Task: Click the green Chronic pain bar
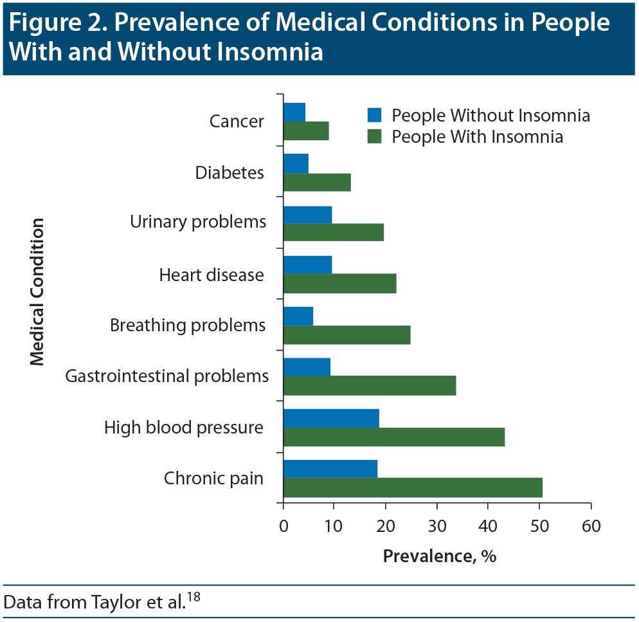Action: point(413,488)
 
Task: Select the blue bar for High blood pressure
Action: point(331,418)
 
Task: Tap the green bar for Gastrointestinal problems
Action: point(370,385)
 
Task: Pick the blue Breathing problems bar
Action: point(298,316)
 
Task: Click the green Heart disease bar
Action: point(339,283)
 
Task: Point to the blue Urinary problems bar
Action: point(307,215)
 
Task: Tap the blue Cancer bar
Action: point(294,113)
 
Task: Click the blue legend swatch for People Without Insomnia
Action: point(374,116)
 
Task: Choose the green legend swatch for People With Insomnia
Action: point(374,136)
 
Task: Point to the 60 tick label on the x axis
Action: point(590,526)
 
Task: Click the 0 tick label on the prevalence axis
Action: point(283,526)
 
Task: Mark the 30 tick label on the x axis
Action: point(437,526)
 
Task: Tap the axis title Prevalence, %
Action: point(439,556)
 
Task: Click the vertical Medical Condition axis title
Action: point(37,291)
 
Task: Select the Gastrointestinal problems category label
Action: point(167,376)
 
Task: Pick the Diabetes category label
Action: point(230,173)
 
